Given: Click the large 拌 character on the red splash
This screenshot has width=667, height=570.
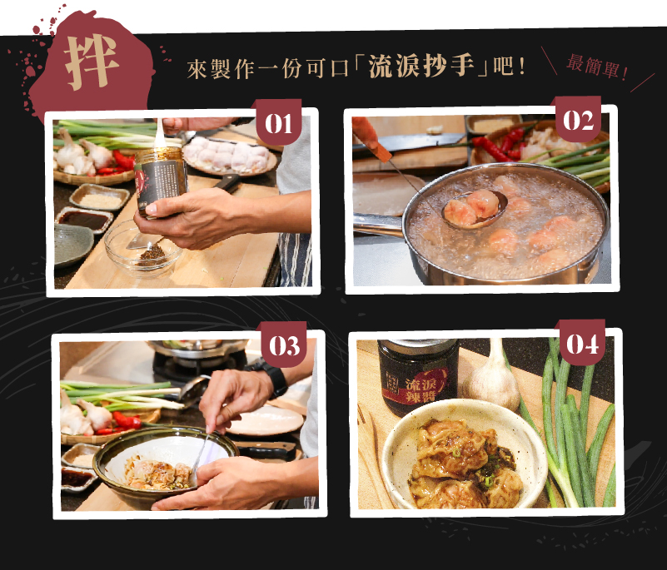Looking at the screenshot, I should point(92,63).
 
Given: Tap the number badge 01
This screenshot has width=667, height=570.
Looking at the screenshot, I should point(277,125).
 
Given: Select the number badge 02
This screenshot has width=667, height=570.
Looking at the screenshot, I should point(578,121).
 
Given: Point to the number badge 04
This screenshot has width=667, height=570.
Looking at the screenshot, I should point(583,344).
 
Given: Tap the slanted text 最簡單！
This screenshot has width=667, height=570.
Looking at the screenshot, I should point(597,67).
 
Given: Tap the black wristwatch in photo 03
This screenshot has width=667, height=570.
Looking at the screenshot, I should point(273,378).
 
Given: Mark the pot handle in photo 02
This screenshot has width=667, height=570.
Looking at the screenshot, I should point(379,222).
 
